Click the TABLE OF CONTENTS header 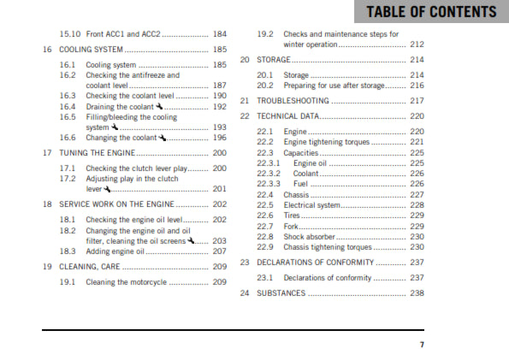pyautogui.click(x=430, y=12)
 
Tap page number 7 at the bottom pyautogui.click(x=421, y=345)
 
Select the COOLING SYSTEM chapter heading pyautogui.click(x=93, y=50)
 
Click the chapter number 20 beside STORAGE pyautogui.click(x=246, y=60)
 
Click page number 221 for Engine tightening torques pyautogui.click(x=417, y=142)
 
